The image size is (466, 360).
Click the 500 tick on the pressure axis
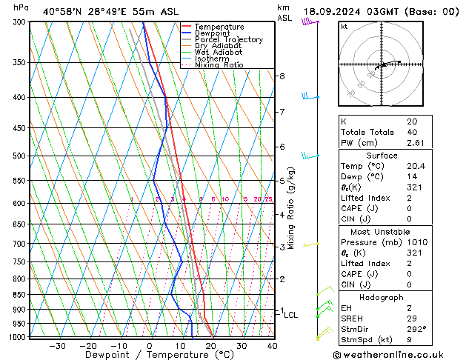pos(19,156)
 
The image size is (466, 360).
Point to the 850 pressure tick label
pos(19,295)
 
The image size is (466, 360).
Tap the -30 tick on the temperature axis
pos(57,346)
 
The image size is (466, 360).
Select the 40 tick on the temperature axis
pos(272,346)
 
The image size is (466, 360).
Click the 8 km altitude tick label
pos(282,76)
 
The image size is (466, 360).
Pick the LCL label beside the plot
pos(291,315)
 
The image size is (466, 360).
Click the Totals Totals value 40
pos(411,132)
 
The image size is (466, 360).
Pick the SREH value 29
pos(411,318)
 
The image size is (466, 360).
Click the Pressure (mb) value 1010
pos(416,242)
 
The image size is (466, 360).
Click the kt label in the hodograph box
pos(344,27)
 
